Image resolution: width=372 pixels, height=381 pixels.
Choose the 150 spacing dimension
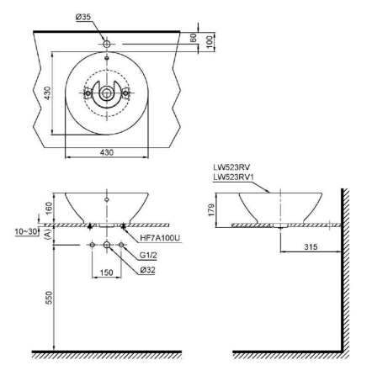(106, 273)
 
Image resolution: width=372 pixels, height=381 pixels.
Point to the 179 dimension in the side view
(215, 209)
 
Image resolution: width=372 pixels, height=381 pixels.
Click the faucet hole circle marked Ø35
(106, 42)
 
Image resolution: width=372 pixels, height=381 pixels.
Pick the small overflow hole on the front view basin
(106, 200)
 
